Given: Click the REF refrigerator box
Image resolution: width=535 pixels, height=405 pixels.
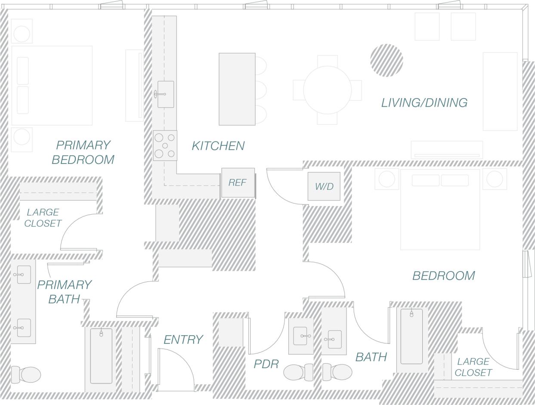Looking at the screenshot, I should pyautogui.click(x=238, y=182).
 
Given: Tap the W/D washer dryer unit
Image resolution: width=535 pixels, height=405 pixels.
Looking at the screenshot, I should pyautogui.click(x=324, y=186).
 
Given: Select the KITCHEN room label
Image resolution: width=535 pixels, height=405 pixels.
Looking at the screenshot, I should pyautogui.click(x=218, y=146).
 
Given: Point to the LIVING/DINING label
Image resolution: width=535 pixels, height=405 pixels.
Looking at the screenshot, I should pyautogui.click(x=424, y=103).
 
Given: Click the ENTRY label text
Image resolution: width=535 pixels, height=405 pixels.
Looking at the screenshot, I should pyautogui.click(x=183, y=340).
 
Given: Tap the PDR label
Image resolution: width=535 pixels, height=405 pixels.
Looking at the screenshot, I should pyautogui.click(x=266, y=364).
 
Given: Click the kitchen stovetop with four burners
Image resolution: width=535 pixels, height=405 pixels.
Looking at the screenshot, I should pyautogui.click(x=165, y=145).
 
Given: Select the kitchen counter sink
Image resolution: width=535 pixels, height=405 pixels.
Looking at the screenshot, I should pyautogui.click(x=165, y=94).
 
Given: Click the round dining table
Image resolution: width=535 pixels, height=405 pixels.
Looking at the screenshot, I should pyautogui.click(x=327, y=90).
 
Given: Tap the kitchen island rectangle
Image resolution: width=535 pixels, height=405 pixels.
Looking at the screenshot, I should pyautogui.click(x=237, y=89).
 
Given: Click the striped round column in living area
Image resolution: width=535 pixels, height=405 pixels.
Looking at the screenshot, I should pyautogui.click(x=387, y=60).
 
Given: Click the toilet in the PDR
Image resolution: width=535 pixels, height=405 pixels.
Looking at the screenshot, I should pyautogui.click(x=297, y=372).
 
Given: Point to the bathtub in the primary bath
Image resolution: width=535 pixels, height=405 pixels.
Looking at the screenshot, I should pyautogui.click(x=101, y=356).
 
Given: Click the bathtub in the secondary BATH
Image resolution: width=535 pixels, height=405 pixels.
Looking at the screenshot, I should pyautogui.click(x=411, y=336).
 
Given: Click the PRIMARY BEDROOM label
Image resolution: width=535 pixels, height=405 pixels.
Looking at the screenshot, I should pyautogui.click(x=83, y=152).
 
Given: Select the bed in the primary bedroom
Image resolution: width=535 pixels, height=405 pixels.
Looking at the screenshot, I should pyautogui.click(x=52, y=85).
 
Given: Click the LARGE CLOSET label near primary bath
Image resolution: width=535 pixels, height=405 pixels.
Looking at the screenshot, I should pyautogui.click(x=43, y=218).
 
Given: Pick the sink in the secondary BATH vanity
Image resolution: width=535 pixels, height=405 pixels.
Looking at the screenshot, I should pyautogui.click(x=335, y=339).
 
